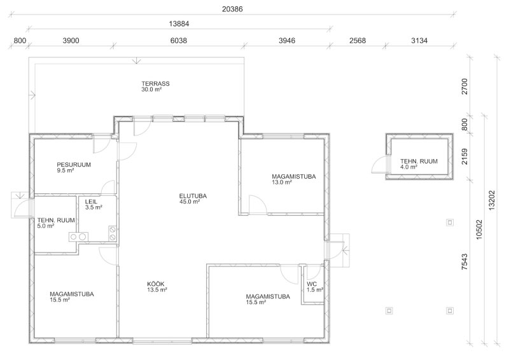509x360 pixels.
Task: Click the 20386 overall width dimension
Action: tap(232, 9)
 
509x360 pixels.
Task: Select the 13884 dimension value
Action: tap(179, 24)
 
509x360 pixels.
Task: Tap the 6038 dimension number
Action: tap(179, 41)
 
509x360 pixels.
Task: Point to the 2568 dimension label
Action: tap(358, 41)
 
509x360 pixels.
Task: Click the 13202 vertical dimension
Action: tap(491, 200)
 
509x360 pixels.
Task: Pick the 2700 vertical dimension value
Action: tap(464, 87)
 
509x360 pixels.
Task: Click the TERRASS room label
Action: tap(155, 83)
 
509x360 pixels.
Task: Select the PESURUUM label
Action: tap(74, 165)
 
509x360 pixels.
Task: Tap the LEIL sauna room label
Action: tap(91, 202)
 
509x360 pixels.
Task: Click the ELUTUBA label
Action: tap(193, 196)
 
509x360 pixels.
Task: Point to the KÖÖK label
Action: tap(156, 284)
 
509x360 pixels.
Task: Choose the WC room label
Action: tap(312, 284)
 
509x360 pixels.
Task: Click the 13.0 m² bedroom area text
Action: tap(282, 183)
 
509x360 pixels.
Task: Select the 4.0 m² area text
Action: tap(408, 167)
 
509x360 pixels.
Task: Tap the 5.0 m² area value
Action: tap(46, 226)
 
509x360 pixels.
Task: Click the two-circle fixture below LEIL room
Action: tap(78, 237)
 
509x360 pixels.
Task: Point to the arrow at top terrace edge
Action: tap(137, 60)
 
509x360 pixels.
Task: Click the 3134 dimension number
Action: tap(419, 41)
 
